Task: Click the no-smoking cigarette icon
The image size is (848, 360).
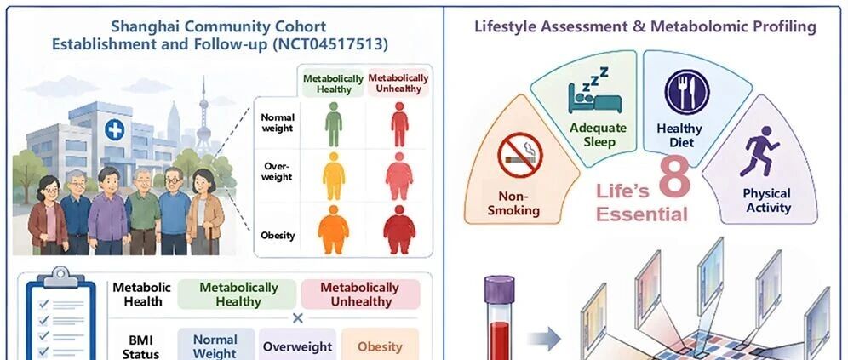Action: point(519,155)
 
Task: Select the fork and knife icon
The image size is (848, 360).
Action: point(686,92)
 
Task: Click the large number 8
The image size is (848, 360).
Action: point(675,177)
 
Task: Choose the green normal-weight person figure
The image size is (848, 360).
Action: point(334,124)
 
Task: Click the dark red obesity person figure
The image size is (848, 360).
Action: point(399,230)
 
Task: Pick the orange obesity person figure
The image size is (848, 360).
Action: point(333,230)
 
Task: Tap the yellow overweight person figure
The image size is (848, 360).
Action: point(334,176)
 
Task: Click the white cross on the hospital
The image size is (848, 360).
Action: point(114,130)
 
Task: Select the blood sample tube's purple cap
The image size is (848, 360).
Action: point(499,289)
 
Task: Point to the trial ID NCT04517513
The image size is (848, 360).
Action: point(333,43)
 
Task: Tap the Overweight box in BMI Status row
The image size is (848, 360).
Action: point(297,346)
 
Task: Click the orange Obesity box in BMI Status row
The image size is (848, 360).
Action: point(381,346)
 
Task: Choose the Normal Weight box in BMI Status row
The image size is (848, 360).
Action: point(215,346)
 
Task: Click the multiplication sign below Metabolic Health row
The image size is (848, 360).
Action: point(297,318)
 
